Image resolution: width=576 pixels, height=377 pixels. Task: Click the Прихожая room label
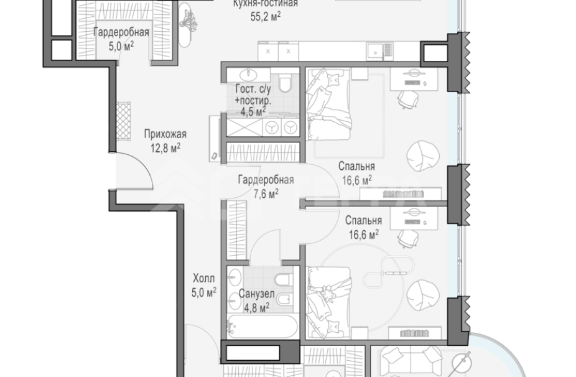tap(165, 134)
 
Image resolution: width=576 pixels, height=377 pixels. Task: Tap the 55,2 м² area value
tap(266, 17)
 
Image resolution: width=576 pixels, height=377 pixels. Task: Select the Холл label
tap(204, 278)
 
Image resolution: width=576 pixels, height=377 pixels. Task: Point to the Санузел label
tap(256, 294)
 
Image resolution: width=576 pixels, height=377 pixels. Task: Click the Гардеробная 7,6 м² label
tap(266, 186)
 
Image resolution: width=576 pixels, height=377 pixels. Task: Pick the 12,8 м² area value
tap(165, 147)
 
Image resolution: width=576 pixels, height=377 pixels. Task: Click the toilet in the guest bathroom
tap(285, 83)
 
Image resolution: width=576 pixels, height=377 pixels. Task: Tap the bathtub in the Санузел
tap(262, 326)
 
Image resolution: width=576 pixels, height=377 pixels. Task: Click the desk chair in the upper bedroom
tap(408, 99)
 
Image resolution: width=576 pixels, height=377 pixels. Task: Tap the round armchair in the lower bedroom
tap(423, 295)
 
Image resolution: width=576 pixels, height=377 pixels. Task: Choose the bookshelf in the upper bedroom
tap(401, 193)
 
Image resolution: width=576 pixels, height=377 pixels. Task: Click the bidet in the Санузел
tap(284, 300)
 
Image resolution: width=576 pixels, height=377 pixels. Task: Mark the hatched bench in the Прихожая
tap(123, 121)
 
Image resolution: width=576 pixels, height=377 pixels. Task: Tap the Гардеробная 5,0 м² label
tap(121, 39)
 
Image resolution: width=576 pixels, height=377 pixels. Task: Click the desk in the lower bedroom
tap(414, 218)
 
